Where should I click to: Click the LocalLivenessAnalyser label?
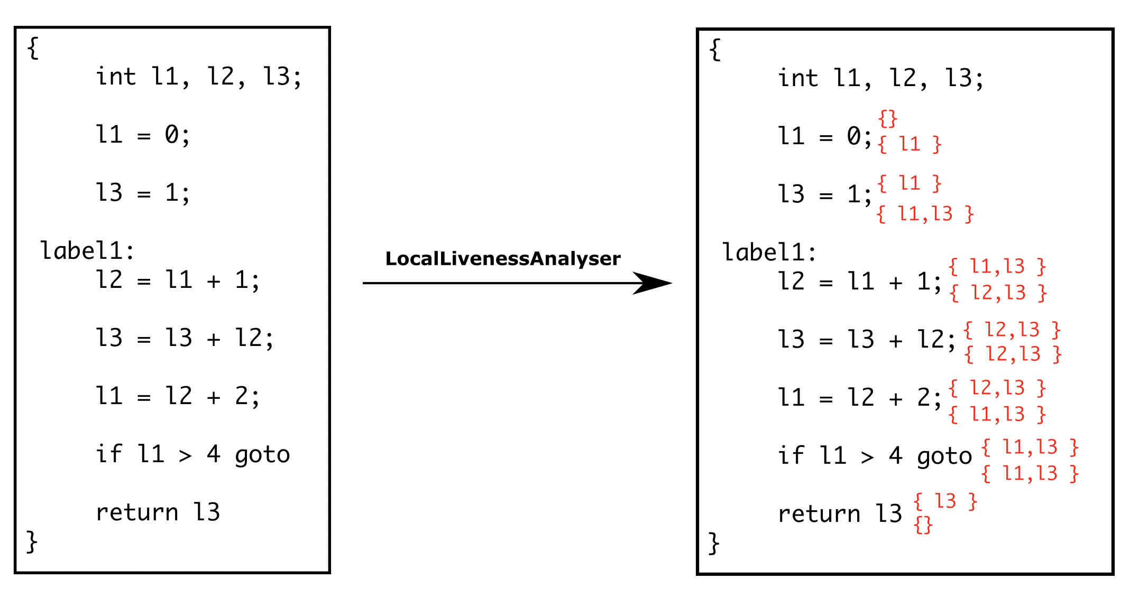(502, 258)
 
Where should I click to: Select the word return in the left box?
(136, 512)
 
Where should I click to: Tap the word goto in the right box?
(944, 456)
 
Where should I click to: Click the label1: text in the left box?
(87, 250)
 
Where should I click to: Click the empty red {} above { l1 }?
(888, 119)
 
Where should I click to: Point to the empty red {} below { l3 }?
(923, 525)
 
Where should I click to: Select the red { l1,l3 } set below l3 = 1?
(925, 214)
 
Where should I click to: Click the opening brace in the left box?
(33, 48)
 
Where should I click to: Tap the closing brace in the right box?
(714, 543)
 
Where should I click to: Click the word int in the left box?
(115, 77)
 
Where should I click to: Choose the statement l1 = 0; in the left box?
(142, 135)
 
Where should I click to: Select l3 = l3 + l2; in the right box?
(866, 339)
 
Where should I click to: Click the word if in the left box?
(108, 454)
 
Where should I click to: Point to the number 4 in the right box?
(895, 455)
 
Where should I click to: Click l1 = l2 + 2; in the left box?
(177, 396)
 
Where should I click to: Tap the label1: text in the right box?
(769, 252)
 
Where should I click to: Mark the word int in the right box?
(797, 78)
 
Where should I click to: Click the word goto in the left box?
(262, 454)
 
